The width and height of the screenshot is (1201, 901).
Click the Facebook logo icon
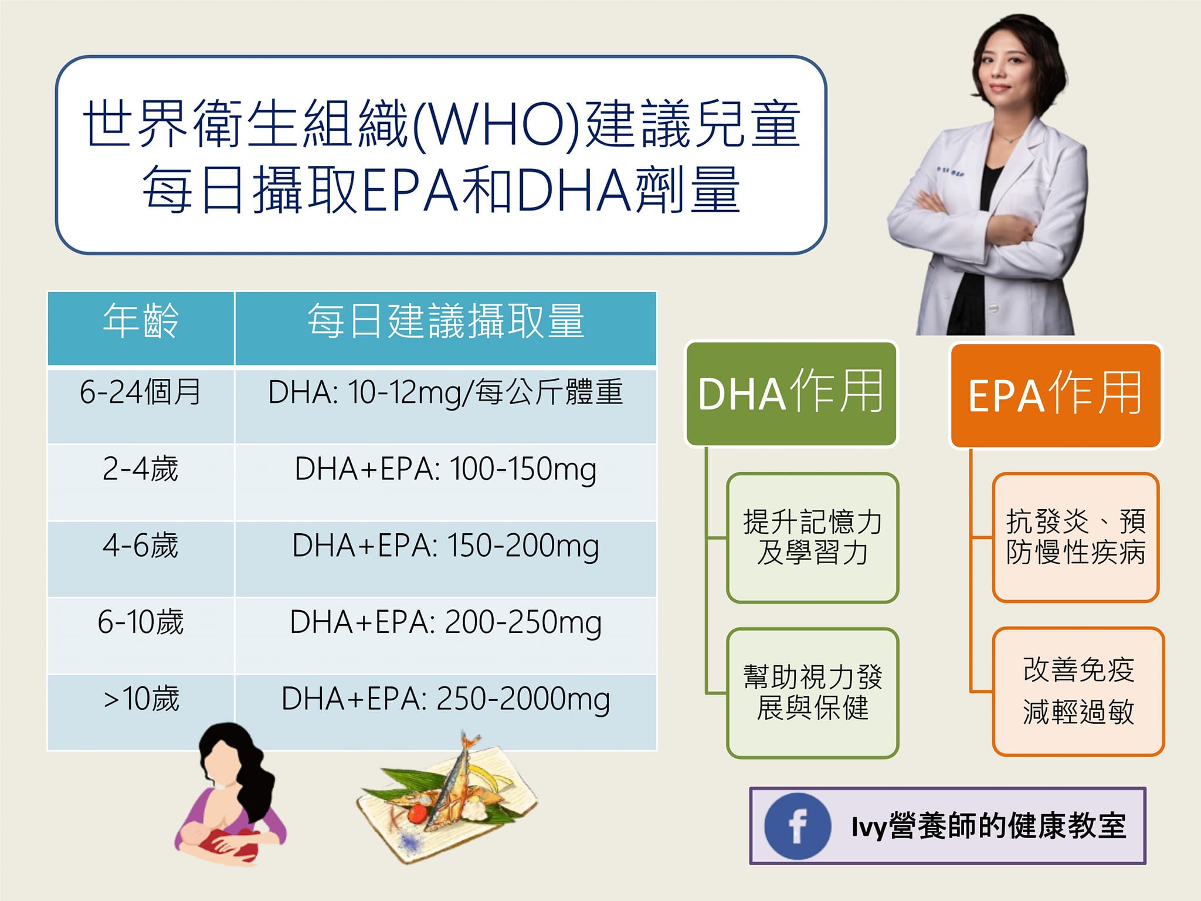click(x=797, y=826)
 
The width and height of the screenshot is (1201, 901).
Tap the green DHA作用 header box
click(x=791, y=394)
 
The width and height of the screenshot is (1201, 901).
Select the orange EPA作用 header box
click(x=1055, y=395)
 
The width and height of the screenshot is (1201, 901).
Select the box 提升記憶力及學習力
click(x=812, y=537)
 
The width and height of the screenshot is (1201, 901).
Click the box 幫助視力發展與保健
click(x=812, y=693)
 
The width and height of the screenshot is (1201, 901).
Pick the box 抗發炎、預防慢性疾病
click(x=1076, y=537)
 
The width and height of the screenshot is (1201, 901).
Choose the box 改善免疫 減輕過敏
click(x=1078, y=691)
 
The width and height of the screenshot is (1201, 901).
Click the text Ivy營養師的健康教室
click(x=988, y=827)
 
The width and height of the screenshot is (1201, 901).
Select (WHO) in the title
click(x=497, y=124)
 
